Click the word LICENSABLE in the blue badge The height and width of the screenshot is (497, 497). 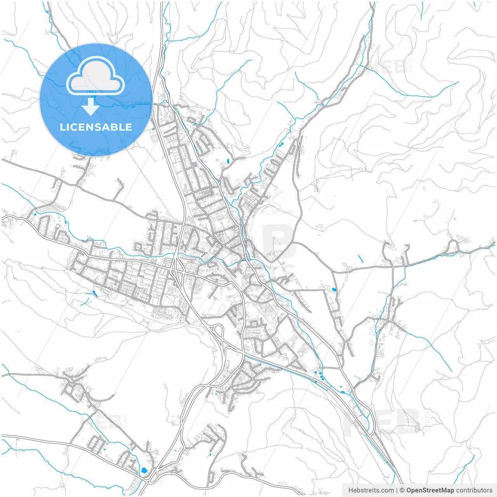pyautogui.click(x=96, y=127)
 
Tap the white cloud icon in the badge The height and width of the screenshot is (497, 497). pyautogui.click(x=96, y=75)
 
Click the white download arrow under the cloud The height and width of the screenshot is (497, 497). pyautogui.click(x=90, y=107)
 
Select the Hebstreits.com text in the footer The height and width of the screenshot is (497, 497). pyautogui.click(x=371, y=490)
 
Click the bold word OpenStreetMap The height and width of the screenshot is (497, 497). pyautogui.click(x=430, y=490)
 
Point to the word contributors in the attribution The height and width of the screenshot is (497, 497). pyautogui.click(x=474, y=490)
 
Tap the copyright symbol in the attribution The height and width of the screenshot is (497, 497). pyautogui.click(x=402, y=490)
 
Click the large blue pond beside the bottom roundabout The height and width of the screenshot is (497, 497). pyautogui.click(x=144, y=471)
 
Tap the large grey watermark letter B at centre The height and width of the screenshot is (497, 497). pyautogui.click(x=278, y=243)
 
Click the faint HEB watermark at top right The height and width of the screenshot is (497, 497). pyautogui.click(x=388, y=67)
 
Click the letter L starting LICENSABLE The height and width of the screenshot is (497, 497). pyautogui.click(x=62, y=127)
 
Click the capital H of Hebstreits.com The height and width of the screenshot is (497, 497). pyautogui.click(x=351, y=490)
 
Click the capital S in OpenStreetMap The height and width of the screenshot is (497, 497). pyautogui.click(x=423, y=490)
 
